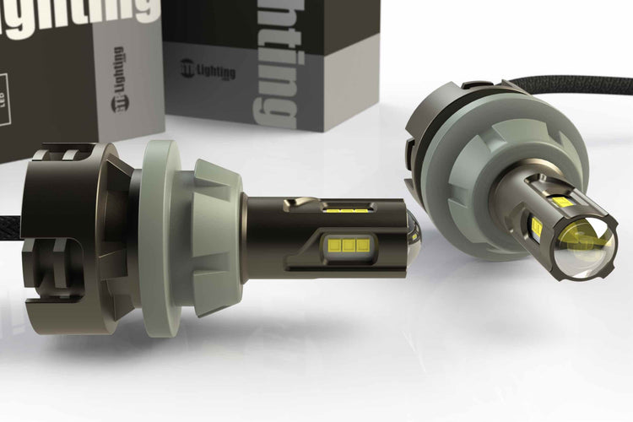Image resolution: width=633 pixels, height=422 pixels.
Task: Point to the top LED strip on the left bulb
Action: click(x=345, y=208)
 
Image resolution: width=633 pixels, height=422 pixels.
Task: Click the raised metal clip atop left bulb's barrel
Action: click(x=295, y=203)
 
